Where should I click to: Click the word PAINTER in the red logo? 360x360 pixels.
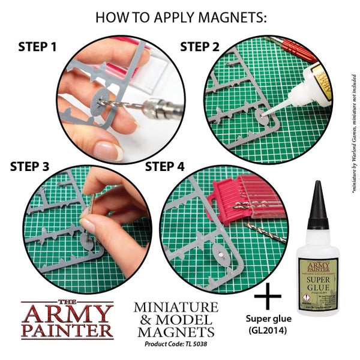[x=67, y=329]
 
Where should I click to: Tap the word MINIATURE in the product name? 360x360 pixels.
[x=176, y=307]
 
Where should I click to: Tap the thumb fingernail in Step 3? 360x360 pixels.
[x=88, y=226]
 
